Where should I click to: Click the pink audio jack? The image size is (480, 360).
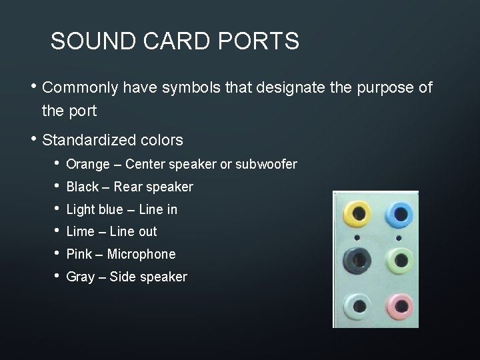pyautogui.click(x=399, y=306)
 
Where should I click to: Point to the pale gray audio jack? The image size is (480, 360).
pyautogui.click(x=358, y=306)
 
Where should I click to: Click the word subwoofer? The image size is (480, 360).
pyautogui.click(x=267, y=164)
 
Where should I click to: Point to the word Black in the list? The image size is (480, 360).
pyautogui.click(x=82, y=187)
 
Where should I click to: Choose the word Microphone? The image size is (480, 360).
pyautogui.click(x=141, y=254)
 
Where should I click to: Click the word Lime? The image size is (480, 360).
pyautogui.click(x=81, y=231)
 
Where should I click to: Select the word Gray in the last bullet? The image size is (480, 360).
pyautogui.click(x=81, y=277)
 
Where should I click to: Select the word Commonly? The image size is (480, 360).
pyautogui.click(x=79, y=87)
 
